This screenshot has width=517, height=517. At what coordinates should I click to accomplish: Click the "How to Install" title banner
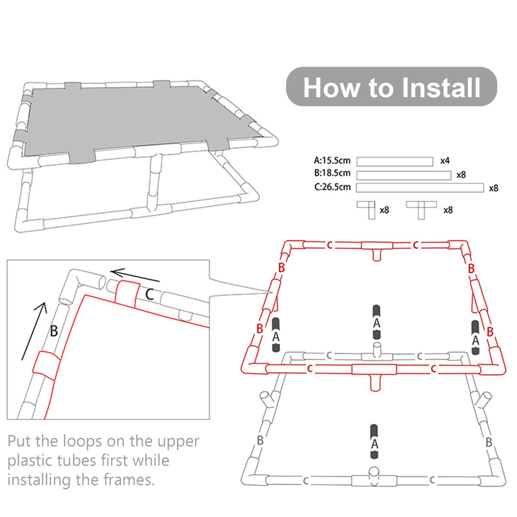pos(391,87)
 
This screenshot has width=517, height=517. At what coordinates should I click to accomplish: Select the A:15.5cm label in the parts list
pos(332,160)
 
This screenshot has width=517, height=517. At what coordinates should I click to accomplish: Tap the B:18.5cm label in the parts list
pos(332,173)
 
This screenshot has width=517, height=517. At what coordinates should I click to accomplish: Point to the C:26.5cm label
pos(332,187)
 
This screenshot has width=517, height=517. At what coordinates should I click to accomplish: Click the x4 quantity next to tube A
pos(445,161)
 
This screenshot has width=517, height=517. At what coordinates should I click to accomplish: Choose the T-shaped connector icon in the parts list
pos(421,210)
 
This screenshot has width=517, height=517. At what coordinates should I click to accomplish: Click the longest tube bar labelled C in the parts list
pos(420,188)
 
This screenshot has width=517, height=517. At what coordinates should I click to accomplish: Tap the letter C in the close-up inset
pos(149,294)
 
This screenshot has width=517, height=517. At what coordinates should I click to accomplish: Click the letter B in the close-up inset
pos(54,331)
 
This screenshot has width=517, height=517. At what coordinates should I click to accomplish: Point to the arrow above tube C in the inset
pos(135,276)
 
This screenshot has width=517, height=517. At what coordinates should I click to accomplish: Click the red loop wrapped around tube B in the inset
pos(46,366)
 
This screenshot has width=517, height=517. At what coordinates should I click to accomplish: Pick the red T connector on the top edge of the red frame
pos(377,249)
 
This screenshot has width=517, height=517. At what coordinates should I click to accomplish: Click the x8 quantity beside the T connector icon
pos(448,210)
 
